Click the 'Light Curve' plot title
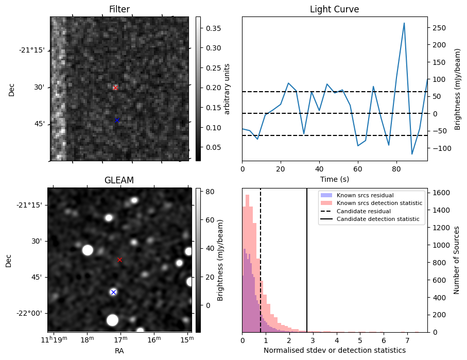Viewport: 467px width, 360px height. [334, 9]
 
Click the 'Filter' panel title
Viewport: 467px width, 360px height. [119, 9]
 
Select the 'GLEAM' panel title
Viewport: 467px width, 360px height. [119, 180]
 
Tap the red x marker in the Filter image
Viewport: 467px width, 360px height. [115, 88]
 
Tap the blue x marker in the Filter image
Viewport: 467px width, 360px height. [117, 120]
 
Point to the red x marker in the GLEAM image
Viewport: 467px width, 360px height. [119, 260]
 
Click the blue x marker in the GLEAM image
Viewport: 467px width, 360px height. [113, 292]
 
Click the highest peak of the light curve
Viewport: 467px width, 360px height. [404, 23]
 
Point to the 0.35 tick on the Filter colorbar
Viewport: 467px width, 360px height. [209, 28]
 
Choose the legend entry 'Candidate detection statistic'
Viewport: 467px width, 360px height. [377, 219]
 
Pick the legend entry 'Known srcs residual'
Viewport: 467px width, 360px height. [365, 196]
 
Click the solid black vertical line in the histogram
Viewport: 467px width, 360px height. [307, 268]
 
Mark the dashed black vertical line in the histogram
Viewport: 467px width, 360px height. [261, 268]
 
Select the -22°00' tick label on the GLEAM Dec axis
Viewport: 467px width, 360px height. [30, 313]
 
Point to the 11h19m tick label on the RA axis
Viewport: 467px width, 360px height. [54, 340]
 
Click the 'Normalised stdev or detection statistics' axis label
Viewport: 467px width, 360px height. [334, 351]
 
